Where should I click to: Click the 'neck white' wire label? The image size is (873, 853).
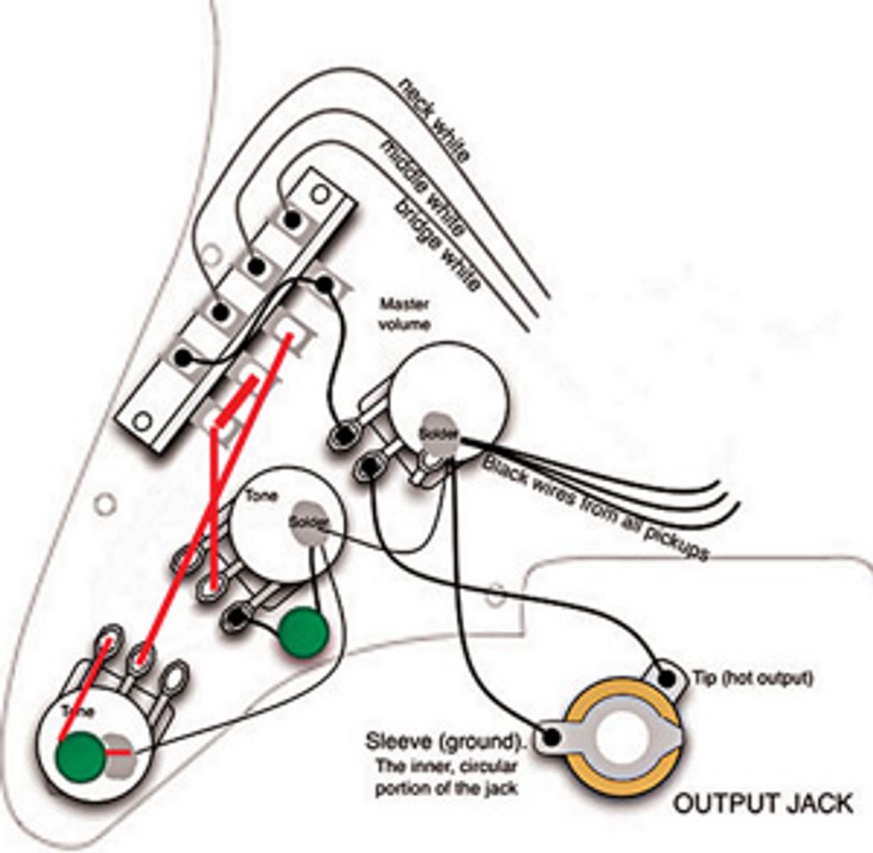click(435, 120)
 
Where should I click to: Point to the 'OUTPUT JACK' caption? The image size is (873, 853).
click(761, 803)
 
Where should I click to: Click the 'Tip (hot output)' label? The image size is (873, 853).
click(753, 678)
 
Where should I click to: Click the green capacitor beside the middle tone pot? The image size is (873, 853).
click(304, 634)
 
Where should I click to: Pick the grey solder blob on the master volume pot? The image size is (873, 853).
click(438, 431)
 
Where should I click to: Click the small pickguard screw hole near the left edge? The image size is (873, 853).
click(106, 504)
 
